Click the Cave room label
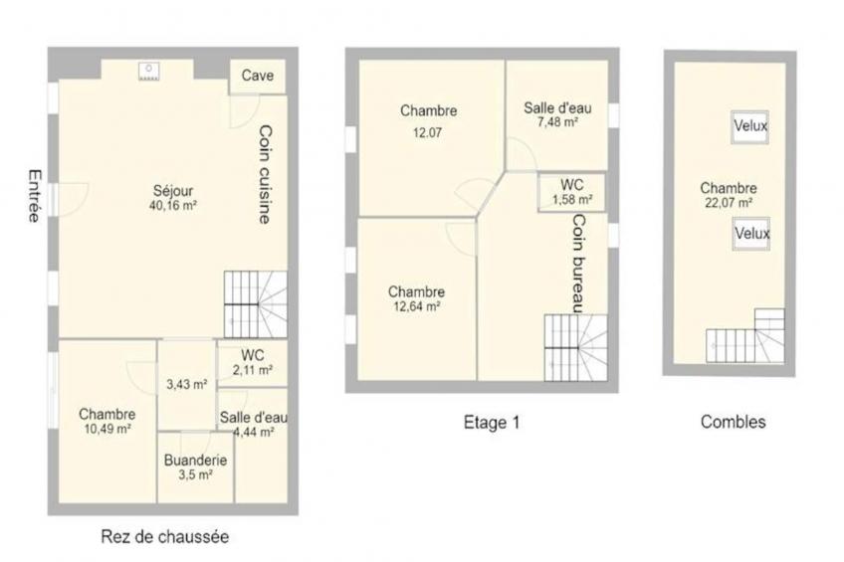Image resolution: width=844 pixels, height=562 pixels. [x=258, y=76]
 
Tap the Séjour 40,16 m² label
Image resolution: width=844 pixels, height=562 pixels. [x=172, y=197]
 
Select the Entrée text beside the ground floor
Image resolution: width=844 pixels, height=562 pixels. [x=35, y=196]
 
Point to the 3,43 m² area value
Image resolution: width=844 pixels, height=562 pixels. [x=187, y=385]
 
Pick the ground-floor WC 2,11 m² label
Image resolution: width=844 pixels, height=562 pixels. [x=253, y=362]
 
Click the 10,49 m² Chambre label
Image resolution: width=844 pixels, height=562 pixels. [x=107, y=421]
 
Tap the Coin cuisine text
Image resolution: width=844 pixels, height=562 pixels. [x=266, y=174]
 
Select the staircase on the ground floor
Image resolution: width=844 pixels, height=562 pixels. [x=255, y=304]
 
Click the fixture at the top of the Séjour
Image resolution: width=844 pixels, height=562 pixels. [x=148, y=72]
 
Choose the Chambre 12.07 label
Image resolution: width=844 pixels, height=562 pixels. [x=428, y=121]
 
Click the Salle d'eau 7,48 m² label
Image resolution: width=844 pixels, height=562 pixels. [x=557, y=114]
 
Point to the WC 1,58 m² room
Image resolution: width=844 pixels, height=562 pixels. [x=571, y=192]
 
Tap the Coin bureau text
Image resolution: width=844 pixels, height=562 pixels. [x=577, y=264]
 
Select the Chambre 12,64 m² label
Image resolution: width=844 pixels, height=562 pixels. [x=417, y=299]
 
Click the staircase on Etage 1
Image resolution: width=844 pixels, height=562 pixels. [x=575, y=347]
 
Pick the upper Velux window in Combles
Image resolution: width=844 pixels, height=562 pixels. [x=749, y=127]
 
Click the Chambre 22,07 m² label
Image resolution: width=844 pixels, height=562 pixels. [x=729, y=195]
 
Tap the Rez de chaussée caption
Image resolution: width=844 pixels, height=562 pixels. [x=164, y=536]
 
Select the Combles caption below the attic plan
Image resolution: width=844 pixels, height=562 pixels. [x=733, y=422]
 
